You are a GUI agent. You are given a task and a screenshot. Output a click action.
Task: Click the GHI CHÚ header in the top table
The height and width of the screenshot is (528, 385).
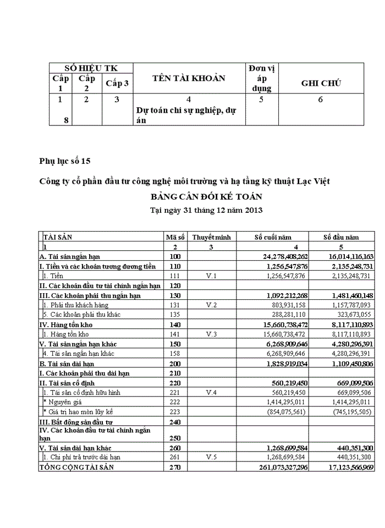click(x=321, y=83)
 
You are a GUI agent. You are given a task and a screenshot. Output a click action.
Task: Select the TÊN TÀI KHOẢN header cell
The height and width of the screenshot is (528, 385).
click(x=189, y=78)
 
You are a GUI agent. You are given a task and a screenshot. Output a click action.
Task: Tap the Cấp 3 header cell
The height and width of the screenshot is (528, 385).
click(x=117, y=83)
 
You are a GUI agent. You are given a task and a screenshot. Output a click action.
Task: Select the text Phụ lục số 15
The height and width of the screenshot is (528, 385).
click(x=64, y=161)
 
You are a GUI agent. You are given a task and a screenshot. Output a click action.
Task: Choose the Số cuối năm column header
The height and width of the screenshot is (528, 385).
click(x=272, y=237)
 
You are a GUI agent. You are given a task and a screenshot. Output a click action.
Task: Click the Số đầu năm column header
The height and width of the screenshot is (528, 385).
click(x=341, y=237)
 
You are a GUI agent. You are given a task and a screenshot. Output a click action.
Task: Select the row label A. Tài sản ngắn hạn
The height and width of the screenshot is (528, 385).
click(x=69, y=256)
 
